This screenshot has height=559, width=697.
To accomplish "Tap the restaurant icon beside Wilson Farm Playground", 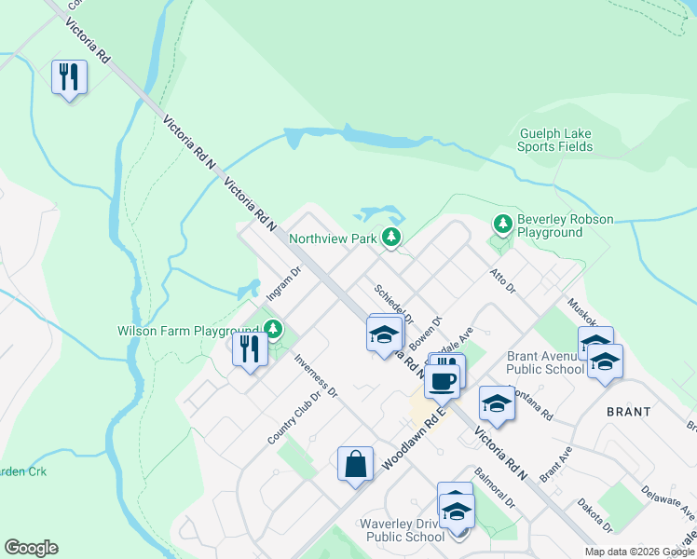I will (250, 349).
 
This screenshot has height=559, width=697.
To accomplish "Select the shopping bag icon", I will (356, 464).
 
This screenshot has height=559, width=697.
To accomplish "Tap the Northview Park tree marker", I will (392, 239).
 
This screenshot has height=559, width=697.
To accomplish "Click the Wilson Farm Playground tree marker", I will (272, 329).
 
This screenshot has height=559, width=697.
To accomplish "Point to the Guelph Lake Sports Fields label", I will (555, 140).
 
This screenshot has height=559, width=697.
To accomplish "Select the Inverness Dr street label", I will (315, 376).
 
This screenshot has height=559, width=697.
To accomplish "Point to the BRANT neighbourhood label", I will (629, 411).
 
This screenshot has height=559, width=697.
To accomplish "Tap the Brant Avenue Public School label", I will (546, 362).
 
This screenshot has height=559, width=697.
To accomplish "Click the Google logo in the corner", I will (31, 548).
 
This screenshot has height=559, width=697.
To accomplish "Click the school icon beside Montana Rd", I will (497, 404).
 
